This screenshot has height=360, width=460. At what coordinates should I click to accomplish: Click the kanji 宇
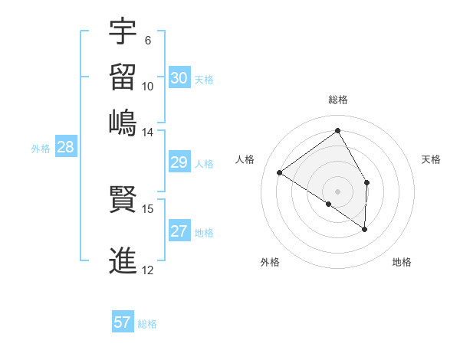tap(123, 32)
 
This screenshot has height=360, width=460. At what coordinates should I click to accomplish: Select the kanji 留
tap(123, 77)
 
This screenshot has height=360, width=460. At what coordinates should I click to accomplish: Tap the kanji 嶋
tap(123, 123)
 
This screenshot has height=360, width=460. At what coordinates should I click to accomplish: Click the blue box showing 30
tap(179, 77)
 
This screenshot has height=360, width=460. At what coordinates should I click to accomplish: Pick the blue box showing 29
tap(179, 162)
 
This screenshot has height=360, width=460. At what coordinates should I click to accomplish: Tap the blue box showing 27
tap(179, 231)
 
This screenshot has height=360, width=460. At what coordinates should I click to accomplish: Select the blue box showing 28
tap(65, 148)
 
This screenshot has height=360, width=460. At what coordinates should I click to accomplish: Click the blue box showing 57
tap(123, 322)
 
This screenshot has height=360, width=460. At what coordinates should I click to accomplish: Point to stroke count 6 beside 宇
tap(147, 41)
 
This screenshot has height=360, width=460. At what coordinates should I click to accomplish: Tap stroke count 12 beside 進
tap(147, 270)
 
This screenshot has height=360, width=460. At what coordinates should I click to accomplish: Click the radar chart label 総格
tap(337, 100)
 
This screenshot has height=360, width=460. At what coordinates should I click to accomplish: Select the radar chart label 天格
tap(431, 159)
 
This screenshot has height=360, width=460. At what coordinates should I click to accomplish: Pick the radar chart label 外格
tap(270, 262)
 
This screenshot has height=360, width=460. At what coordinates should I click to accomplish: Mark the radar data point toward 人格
tap(280, 172)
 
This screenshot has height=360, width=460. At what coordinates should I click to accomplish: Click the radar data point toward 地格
tap(365, 229)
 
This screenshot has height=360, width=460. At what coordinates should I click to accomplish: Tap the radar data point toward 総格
tap(337, 130)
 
